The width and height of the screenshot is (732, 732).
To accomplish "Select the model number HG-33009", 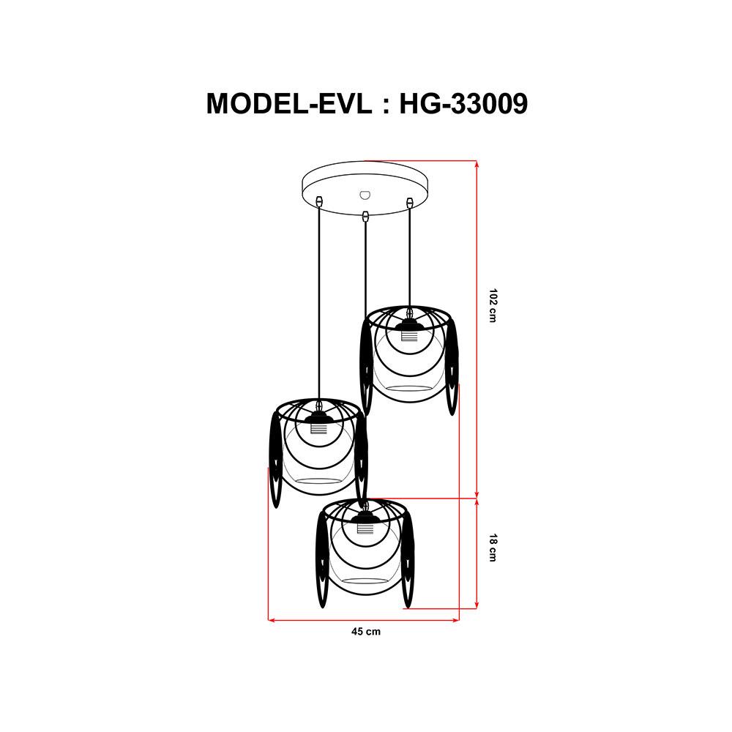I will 463,103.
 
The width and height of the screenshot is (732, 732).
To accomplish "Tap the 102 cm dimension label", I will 494,307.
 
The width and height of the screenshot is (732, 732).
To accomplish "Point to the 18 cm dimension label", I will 494,548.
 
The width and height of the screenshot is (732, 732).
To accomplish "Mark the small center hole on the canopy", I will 365,195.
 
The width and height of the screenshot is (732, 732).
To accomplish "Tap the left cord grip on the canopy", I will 319,200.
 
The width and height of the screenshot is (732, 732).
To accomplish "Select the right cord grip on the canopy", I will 410,200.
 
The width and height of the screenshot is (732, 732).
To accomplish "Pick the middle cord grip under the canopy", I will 365,215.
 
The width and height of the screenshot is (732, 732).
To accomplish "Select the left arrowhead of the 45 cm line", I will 272,621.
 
